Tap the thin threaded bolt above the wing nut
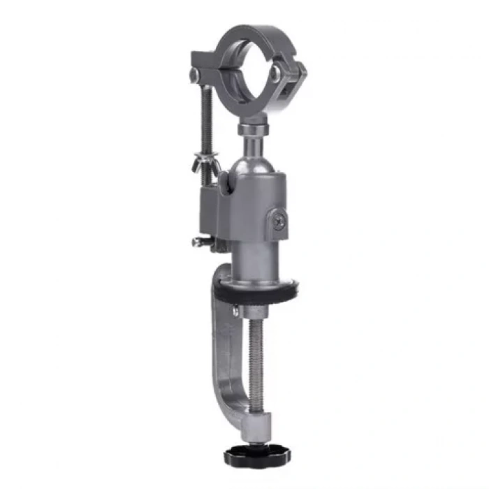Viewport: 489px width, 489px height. [x=206, y=119]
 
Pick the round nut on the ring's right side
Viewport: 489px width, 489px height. [x=277, y=72]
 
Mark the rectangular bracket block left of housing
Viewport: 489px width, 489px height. [x=210, y=213]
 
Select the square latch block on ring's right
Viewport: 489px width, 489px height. [x=294, y=80]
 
